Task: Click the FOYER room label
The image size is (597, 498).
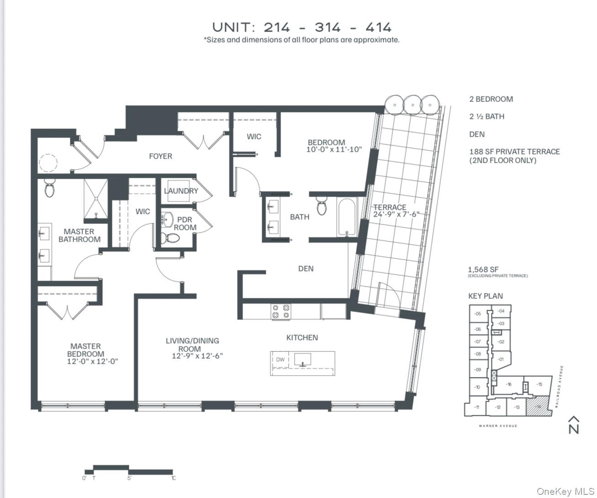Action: (160, 156)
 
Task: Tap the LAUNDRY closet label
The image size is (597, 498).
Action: (181, 191)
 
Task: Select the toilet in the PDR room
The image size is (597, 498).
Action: (171, 238)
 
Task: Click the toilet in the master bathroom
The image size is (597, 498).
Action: (50, 188)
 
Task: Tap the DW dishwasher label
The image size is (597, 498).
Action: (280, 360)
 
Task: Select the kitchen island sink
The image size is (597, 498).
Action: (302, 359)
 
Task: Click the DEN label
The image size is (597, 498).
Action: (306, 269)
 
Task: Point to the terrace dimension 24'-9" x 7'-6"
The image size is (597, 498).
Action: (396, 214)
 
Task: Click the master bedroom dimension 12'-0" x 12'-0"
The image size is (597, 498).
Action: (92, 361)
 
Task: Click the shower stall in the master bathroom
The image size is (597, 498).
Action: (96, 199)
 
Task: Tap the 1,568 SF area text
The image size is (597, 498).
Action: (483, 270)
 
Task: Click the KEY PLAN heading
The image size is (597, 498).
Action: (485, 296)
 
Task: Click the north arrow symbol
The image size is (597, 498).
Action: (574, 424)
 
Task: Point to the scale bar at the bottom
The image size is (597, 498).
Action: (129, 471)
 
